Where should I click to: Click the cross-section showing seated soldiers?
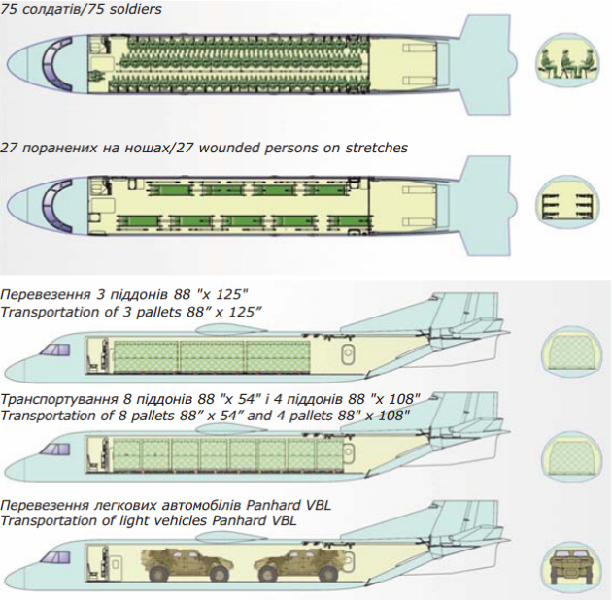(x=567, y=66)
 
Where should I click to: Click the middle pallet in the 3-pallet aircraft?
(x=212, y=356)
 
